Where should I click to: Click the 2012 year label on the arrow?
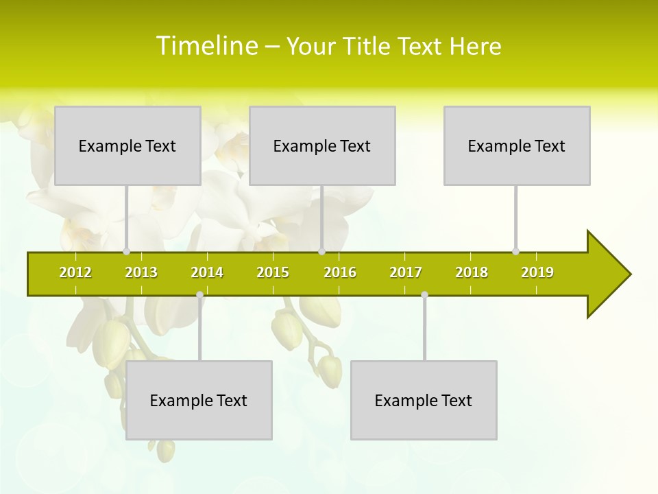[75, 272]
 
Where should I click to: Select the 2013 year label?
[141, 272]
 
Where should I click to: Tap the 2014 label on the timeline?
[207, 272]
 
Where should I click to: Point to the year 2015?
[273, 272]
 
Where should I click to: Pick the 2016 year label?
[340, 272]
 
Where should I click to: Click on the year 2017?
[406, 272]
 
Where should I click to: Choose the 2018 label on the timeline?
[472, 272]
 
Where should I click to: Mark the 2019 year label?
[537, 272]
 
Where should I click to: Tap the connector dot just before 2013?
[126, 252]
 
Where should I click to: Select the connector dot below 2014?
[199, 295]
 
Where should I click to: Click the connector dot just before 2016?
[321, 252]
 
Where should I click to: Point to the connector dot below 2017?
[424, 295]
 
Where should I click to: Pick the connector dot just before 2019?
[515, 252]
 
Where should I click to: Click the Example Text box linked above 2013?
[127, 145]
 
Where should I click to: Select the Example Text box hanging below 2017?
[424, 400]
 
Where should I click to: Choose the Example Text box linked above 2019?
[517, 145]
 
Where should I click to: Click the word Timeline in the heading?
[206, 46]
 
